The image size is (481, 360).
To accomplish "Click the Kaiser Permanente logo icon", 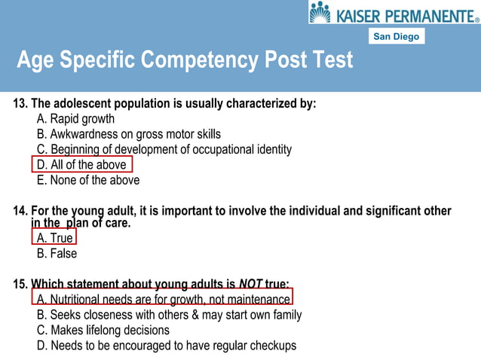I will coord(320,12).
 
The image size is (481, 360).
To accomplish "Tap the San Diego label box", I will coord(396,36).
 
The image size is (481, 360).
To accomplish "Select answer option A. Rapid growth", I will coord(75,119).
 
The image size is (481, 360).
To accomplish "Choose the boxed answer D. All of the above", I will coord(81,165).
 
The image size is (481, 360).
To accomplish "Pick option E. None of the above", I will coord(87,180).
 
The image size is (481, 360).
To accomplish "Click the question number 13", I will coord(20,104).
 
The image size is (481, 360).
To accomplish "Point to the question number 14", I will coord(20,211).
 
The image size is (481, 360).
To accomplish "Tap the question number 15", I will coord(20,284).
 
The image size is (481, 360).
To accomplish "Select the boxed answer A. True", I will coord(55,238).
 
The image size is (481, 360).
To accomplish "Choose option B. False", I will coord(57,253).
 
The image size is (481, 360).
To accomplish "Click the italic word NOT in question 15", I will coord(250,284).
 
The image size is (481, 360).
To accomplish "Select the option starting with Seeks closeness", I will coord(169,315).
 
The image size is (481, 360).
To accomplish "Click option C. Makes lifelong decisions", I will coord(103,330).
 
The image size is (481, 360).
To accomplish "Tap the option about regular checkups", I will coord(166,346).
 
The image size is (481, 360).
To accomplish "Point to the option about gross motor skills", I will coord(128,134).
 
